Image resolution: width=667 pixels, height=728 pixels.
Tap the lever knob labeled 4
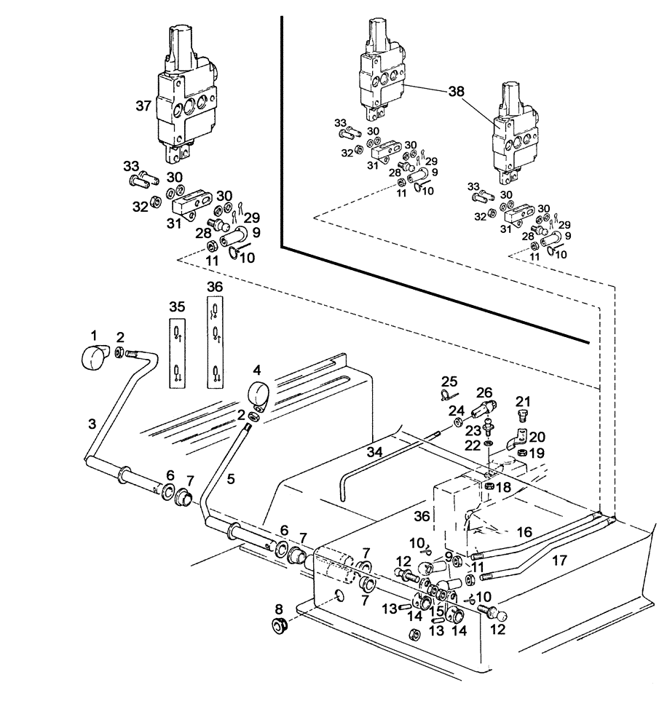pos(257,393)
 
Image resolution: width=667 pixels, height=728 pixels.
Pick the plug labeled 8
pos(278,625)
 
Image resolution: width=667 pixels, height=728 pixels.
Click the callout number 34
pos(374,453)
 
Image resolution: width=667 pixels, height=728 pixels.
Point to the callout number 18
pos(503,486)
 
